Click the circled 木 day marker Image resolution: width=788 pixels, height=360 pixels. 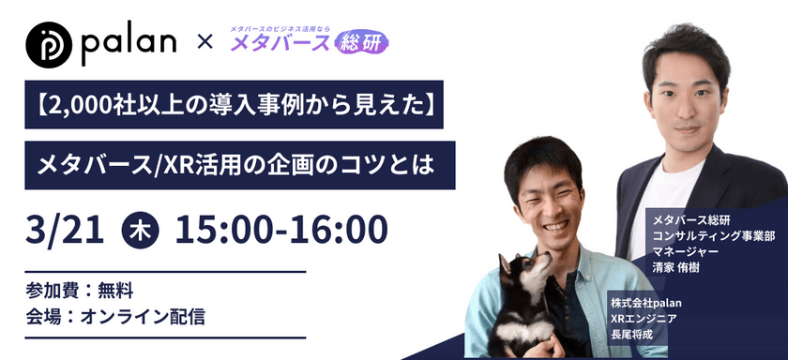point(141,228)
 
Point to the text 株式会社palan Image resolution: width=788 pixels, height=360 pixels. point(645,303)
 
